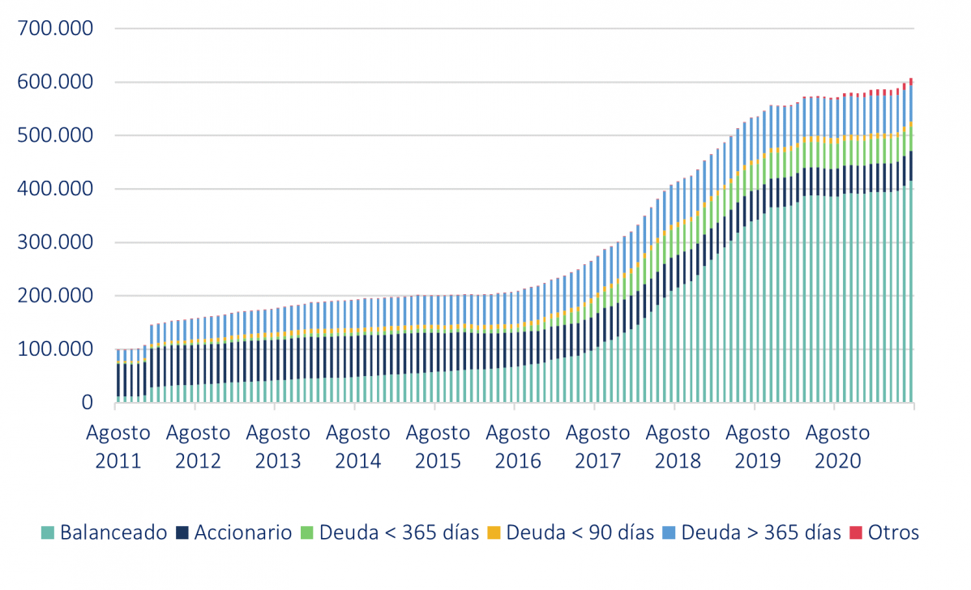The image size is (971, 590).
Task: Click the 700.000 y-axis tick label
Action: pos(54,29)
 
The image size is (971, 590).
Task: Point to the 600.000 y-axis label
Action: pos(54,83)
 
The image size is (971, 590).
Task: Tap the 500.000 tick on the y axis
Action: pos(54,136)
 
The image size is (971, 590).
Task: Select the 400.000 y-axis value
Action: pos(54,190)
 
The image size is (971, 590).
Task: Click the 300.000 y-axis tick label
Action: pos(54,243)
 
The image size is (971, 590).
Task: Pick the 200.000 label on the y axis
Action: pos(54,297)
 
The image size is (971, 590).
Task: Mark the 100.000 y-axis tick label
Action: pos(54,350)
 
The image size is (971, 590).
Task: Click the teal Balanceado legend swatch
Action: pos(48,533)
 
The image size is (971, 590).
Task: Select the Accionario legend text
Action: pos(242,533)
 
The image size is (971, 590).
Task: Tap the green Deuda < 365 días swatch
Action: pos(306,533)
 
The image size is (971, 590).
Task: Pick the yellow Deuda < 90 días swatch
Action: pos(493,533)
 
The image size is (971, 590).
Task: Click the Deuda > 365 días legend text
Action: pos(761,533)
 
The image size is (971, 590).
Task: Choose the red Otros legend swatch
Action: pos(855,533)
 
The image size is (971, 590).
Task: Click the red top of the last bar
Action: pos(911,81)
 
